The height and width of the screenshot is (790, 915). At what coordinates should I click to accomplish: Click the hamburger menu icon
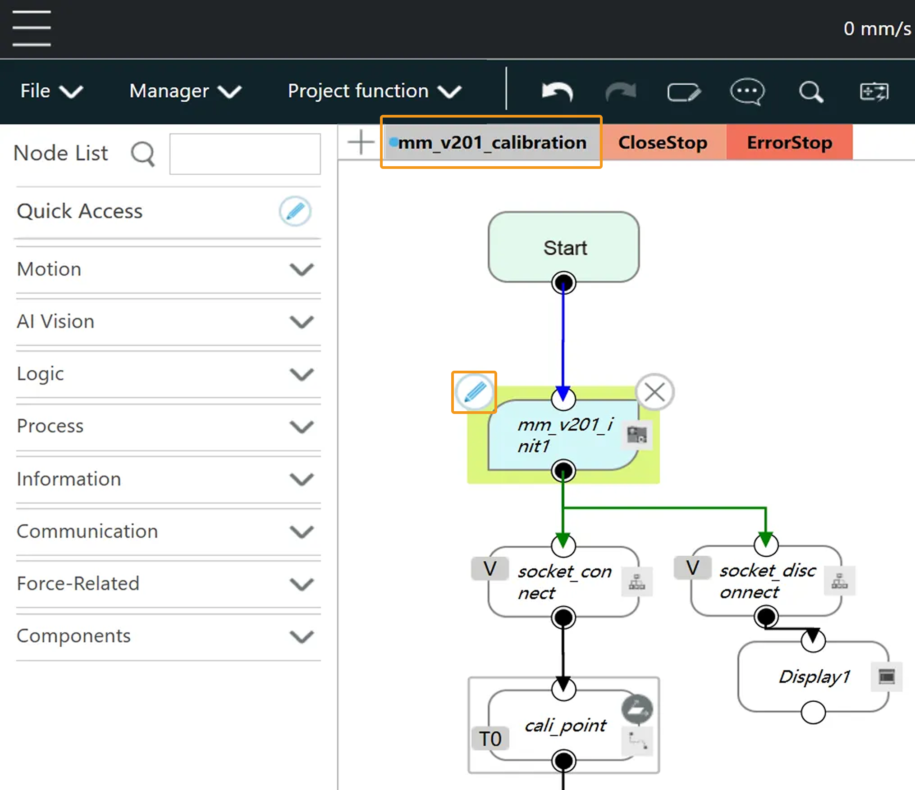pos(32,28)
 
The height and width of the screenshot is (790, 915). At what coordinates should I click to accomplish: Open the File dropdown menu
pos(51,91)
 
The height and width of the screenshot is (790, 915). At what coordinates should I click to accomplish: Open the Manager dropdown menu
pos(185,91)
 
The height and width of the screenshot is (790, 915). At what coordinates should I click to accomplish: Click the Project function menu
pos(374,91)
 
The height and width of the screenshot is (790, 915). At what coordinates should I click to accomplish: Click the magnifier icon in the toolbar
pos(811,92)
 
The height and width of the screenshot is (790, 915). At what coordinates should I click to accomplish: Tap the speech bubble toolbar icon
pos(747,92)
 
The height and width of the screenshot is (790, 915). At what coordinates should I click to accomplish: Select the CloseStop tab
pos(663,143)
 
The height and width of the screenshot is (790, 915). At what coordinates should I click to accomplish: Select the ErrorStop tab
pos(789,143)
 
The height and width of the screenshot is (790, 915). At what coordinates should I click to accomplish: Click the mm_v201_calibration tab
pos(492,143)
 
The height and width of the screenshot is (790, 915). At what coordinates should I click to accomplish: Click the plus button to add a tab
pos(361,142)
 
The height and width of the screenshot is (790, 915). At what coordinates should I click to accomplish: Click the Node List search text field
pos(245,154)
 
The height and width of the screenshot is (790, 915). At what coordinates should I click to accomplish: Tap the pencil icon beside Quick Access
pos(295,211)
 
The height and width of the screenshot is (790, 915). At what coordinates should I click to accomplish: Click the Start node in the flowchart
pos(564,247)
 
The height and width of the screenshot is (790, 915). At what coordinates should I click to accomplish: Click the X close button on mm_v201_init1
pos(654,392)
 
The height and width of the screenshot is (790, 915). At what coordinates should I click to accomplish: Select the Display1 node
pos(814,676)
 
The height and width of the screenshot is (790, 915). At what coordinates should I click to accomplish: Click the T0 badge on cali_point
pos(490,739)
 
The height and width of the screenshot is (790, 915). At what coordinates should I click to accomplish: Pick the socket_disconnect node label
pos(767,581)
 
